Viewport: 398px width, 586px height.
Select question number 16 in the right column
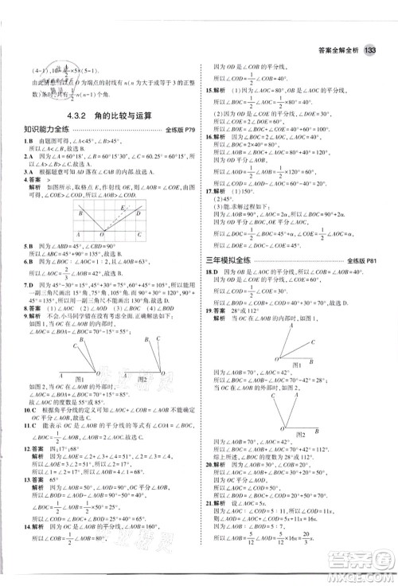[209, 137]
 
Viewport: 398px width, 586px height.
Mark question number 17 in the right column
[209, 191]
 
